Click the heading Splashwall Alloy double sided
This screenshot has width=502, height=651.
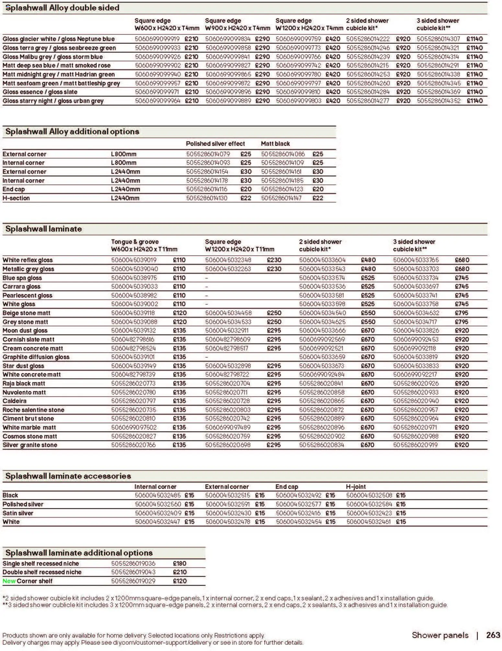tap(62, 8)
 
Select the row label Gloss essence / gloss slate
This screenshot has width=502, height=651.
tap(40, 92)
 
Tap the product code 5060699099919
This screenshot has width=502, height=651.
tap(157, 39)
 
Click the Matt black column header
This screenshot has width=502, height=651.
tap(275, 144)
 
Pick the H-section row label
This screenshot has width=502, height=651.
tap(16, 198)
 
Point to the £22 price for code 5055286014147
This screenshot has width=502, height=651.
tap(318, 198)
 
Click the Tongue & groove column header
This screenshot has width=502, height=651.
tap(135, 242)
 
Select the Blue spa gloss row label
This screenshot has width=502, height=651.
tap(22, 278)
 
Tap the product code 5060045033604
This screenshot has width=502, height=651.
tap(322, 260)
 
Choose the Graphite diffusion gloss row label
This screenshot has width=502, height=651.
tap(36, 357)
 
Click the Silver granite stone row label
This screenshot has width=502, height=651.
tap(30, 445)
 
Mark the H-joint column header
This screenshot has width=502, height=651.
tap(356, 487)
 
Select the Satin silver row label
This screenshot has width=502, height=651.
tap(18, 513)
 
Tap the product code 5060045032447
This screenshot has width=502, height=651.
tap(157, 522)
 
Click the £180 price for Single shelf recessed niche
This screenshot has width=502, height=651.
tap(180, 564)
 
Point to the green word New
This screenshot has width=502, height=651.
tap(9, 581)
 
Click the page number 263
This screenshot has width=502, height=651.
tap(493, 635)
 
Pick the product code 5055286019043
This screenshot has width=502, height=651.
tap(133, 572)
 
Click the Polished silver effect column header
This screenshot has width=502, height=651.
tap(215, 144)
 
